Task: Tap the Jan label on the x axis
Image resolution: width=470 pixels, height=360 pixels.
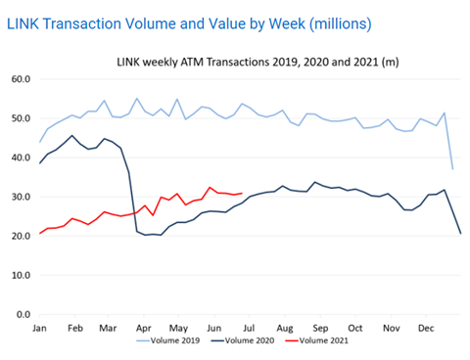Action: coord(40,328)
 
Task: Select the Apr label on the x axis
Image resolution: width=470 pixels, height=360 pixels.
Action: coord(144,328)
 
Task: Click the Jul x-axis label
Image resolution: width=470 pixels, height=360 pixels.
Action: coord(250,328)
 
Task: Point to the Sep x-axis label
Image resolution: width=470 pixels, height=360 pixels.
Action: coord(320,328)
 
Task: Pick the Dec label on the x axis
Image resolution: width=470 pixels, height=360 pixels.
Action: coord(425,328)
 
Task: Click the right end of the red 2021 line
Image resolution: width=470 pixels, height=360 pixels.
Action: coord(242,193)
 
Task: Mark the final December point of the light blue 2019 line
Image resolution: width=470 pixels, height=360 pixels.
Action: coord(452,168)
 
